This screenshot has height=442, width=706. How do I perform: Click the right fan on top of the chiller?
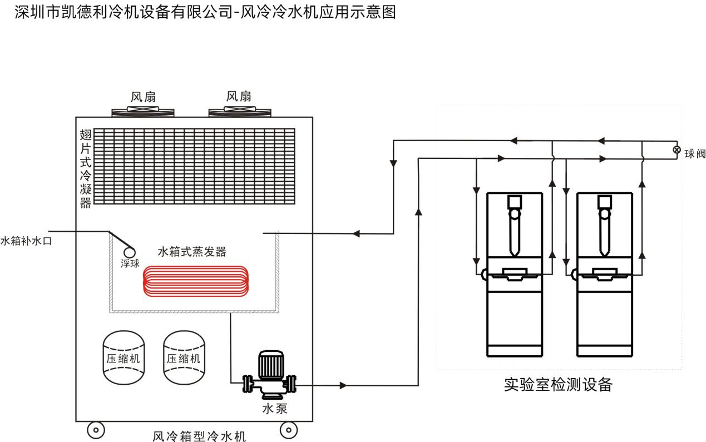point(240,112)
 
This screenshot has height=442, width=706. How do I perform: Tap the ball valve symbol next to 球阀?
point(677,150)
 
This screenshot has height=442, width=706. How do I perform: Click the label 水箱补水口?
point(26,241)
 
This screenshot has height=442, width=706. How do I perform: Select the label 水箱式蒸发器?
point(192,252)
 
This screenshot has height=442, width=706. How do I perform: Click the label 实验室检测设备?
point(557,384)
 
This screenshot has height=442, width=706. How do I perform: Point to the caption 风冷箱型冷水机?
point(199,435)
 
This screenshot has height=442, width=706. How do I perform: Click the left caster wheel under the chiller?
point(95,429)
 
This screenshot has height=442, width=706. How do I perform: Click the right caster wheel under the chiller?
point(288,429)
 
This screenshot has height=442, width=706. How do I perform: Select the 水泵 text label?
point(275,409)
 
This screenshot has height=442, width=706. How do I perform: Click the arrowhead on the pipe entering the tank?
point(357,233)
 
